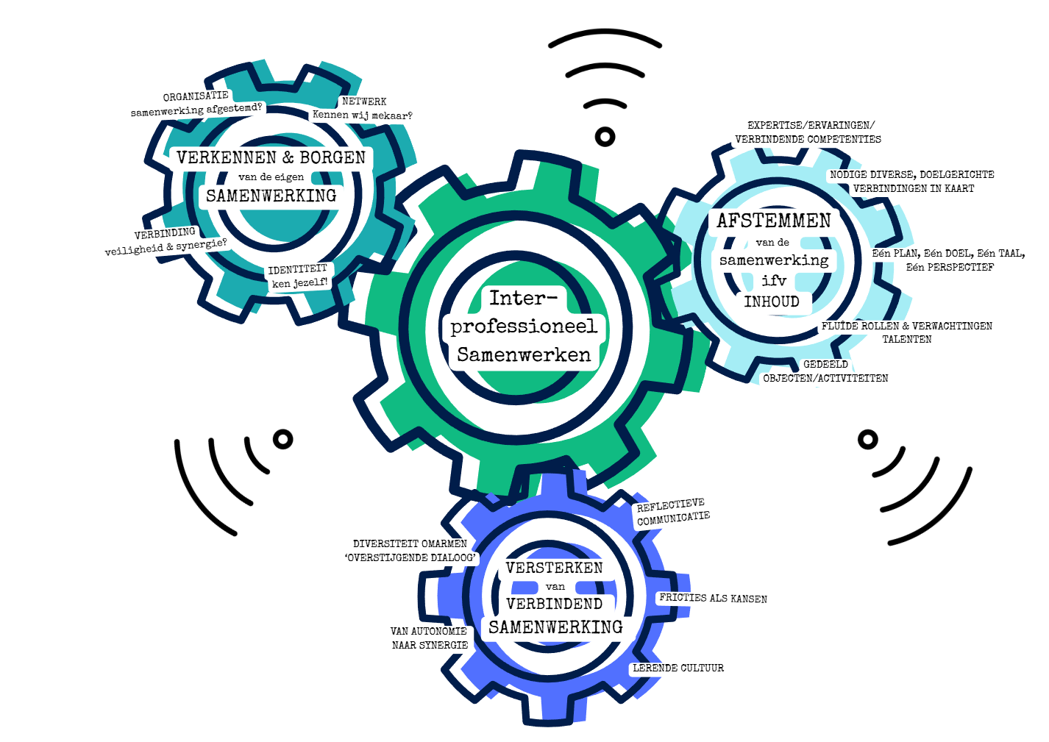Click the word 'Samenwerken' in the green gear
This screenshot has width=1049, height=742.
pos(524,354)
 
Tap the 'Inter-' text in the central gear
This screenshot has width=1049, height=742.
pos(524,298)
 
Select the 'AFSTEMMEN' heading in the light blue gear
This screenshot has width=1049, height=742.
pos(774,221)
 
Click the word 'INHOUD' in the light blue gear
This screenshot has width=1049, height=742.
pos(772,302)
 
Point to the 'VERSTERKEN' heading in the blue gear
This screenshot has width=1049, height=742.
pos(554,568)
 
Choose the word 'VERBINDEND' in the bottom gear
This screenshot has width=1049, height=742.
pos(554,604)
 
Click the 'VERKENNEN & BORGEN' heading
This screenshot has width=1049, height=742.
pos(271,157)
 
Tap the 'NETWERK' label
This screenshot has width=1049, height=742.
pos(364,101)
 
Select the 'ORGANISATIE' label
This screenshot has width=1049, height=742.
pos(196,96)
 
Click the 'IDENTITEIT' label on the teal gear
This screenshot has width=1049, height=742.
pos(297,269)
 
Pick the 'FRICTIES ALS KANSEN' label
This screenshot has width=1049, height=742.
pos(713,599)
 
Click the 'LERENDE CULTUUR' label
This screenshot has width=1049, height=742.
pos(678,668)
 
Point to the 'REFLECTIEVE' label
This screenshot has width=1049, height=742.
pos(670,504)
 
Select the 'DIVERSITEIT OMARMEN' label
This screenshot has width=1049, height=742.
pos(410,543)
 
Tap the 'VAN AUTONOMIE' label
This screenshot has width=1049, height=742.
pos(429,631)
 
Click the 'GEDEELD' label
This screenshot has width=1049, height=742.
pos(825,364)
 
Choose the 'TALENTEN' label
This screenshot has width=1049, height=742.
pos(907,339)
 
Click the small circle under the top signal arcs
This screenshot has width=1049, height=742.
pos(605,136)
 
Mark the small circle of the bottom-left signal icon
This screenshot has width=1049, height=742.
pos(283,439)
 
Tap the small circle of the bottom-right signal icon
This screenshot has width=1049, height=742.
pos(868,439)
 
